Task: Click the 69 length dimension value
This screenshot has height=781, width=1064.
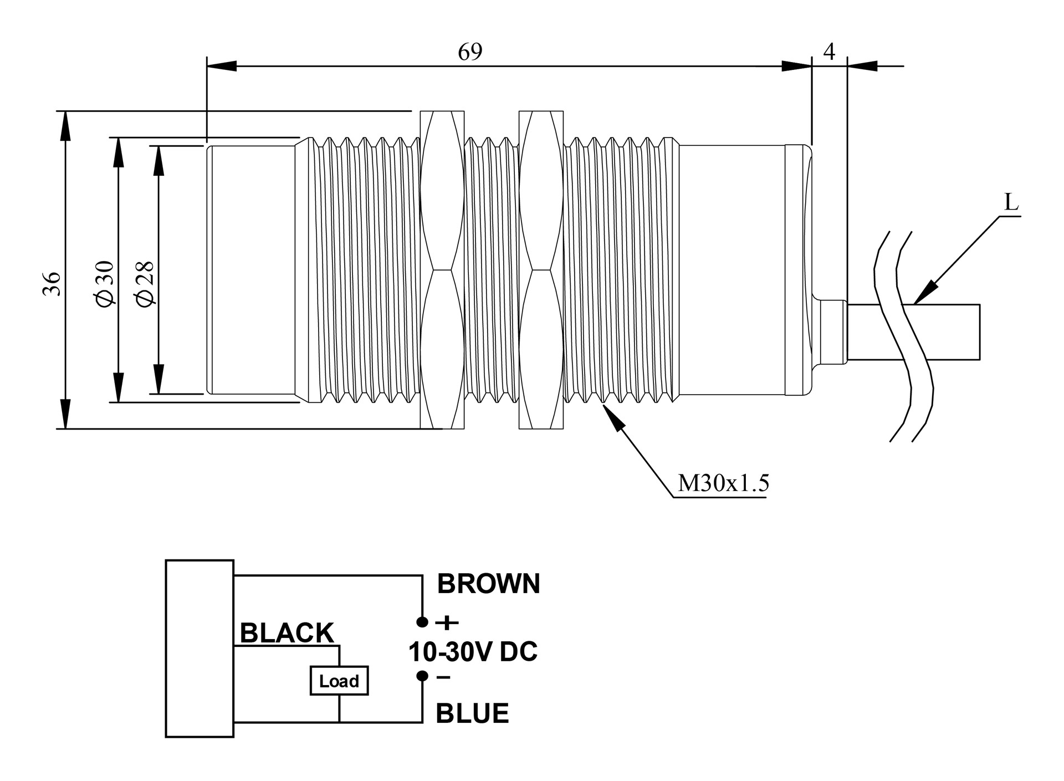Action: [x=470, y=52]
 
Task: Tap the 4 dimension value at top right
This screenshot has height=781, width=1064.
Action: [x=829, y=52]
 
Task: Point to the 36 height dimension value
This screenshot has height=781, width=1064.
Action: [x=52, y=283]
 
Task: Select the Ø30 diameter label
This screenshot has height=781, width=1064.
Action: [x=105, y=283]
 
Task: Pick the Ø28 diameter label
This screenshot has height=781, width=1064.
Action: [x=145, y=283]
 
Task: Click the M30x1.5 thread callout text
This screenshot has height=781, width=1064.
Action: [x=724, y=483]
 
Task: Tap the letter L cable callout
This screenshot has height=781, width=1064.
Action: [x=1011, y=203]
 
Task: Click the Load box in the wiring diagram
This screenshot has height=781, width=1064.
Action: [x=339, y=681]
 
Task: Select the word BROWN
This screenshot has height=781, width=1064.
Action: [x=488, y=584]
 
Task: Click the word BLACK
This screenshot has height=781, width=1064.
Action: [x=287, y=633]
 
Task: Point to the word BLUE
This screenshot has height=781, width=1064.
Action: [x=472, y=713]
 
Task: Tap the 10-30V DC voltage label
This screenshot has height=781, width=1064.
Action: [x=473, y=652]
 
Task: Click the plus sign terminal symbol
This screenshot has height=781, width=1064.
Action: [x=447, y=623]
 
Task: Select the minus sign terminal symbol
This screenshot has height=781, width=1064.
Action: [x=443, y=677]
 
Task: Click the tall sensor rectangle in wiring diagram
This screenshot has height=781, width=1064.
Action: [x=199, y=649]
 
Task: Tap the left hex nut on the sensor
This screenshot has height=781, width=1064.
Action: [x=442, y=270]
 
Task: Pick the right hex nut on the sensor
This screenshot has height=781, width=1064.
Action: [x=541, y=270]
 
